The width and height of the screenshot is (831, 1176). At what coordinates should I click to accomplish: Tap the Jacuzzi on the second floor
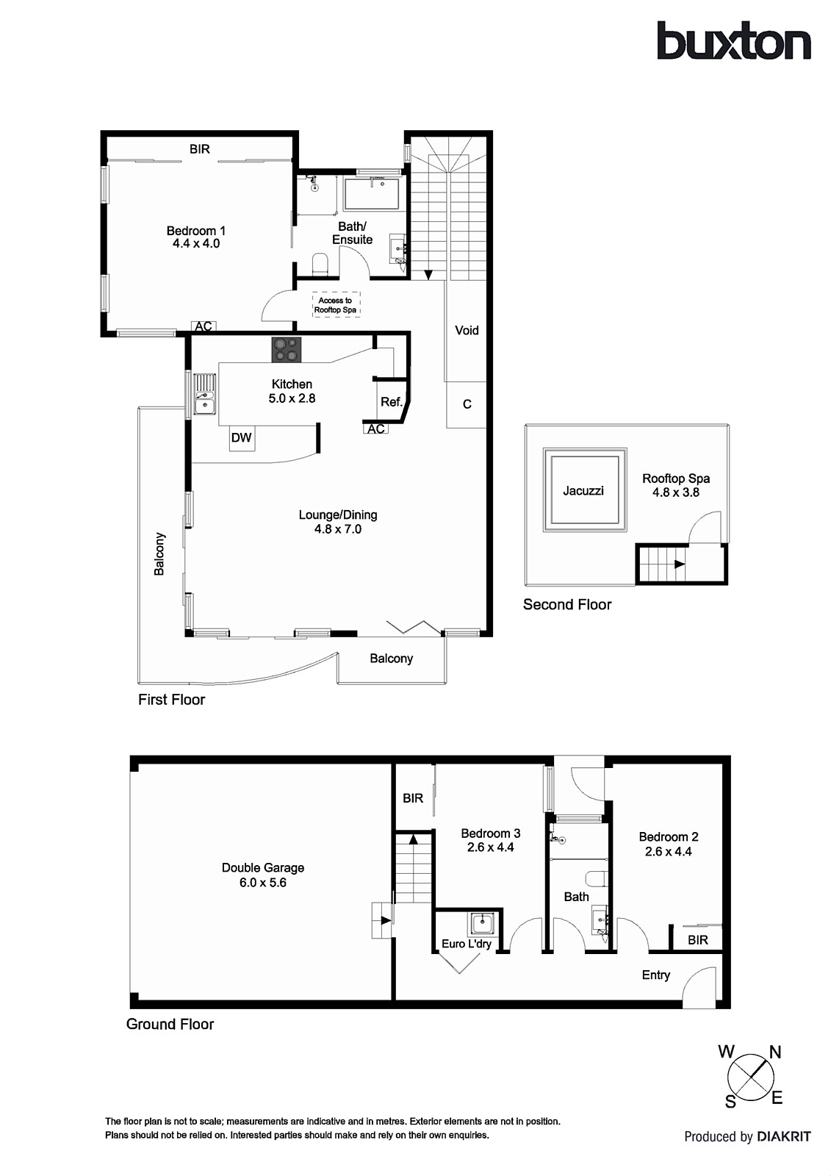pos(584,490)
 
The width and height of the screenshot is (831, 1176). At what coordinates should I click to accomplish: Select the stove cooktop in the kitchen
pos(287,349)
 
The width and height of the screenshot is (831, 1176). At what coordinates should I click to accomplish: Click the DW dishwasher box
pos(241,438)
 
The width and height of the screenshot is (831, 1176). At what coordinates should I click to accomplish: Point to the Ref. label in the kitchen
pos(391,402)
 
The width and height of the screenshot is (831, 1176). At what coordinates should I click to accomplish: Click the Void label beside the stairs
pos(467,330)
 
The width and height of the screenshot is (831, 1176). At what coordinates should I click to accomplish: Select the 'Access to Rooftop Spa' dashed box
pos(335,305)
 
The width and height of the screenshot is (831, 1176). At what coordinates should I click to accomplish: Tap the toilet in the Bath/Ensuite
pos(320,264)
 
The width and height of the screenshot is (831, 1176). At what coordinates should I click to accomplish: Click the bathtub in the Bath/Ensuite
pos(372,193)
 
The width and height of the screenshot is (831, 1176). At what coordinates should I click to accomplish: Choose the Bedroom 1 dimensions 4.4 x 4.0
pos(196,243)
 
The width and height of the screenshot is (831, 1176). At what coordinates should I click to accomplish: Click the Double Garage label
pos(263,868)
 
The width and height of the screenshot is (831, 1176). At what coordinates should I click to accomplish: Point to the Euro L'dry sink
pos(483,922)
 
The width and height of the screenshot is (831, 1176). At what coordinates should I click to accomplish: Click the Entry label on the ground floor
pos(655,975)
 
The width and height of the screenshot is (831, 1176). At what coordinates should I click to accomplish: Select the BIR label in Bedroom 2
pos(697,939)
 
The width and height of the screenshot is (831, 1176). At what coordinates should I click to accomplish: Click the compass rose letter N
pos(774,1053)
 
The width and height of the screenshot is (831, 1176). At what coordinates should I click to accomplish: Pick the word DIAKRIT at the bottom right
pos(784,1136)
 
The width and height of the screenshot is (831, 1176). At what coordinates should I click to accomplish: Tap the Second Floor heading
pos(567,604)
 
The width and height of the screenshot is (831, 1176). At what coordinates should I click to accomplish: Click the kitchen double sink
pos(203,395)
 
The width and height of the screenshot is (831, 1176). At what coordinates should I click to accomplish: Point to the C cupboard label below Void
pos(467,404)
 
